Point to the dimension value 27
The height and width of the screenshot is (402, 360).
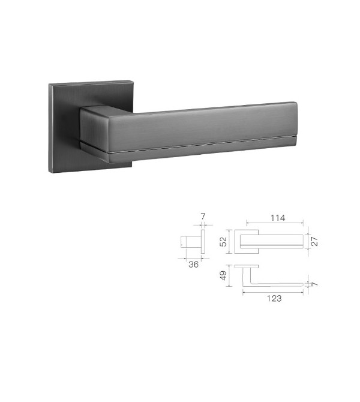coord(313,241)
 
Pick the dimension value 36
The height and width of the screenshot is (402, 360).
coord(193,262)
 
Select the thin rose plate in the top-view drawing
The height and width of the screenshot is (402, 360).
coord(247,265)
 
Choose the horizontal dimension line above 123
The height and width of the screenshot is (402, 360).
coord(274,292)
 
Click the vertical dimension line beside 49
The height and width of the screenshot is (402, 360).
coord(229,276)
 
